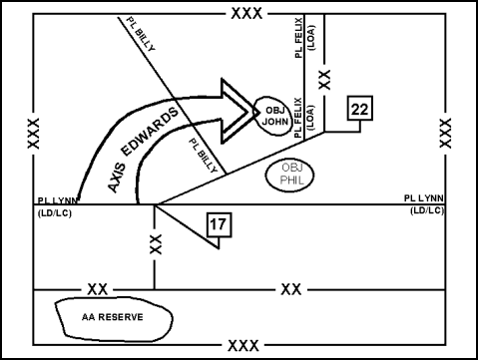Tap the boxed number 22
coord(360,109)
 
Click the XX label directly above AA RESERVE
coord(97,288)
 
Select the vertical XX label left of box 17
coord(155,244)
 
